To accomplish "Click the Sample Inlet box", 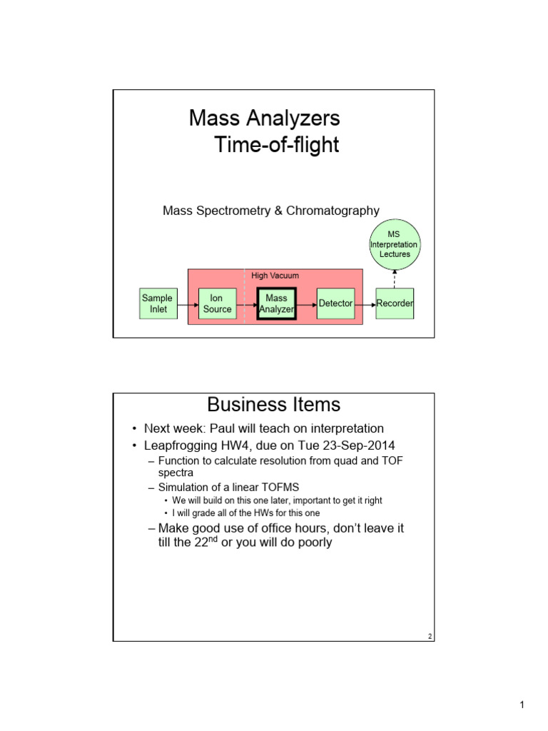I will tap(157, 303).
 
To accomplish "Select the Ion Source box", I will tap(217, 303).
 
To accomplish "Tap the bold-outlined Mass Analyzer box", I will tap(276, 303).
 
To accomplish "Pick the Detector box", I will tap(335, 303).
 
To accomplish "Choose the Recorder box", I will tap(395, 303).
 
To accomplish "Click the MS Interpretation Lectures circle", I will tap(395, 244).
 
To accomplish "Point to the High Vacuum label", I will tap(275, 275).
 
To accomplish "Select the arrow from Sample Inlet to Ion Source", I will tap(187, 304).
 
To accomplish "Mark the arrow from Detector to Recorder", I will tap(365, 304).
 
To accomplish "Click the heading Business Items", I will tap(273, 405).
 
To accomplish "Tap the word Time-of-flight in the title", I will tap(277, 146).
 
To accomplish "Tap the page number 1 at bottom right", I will tap(522, 706).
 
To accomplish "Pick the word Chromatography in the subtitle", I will tap(335, 211).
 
